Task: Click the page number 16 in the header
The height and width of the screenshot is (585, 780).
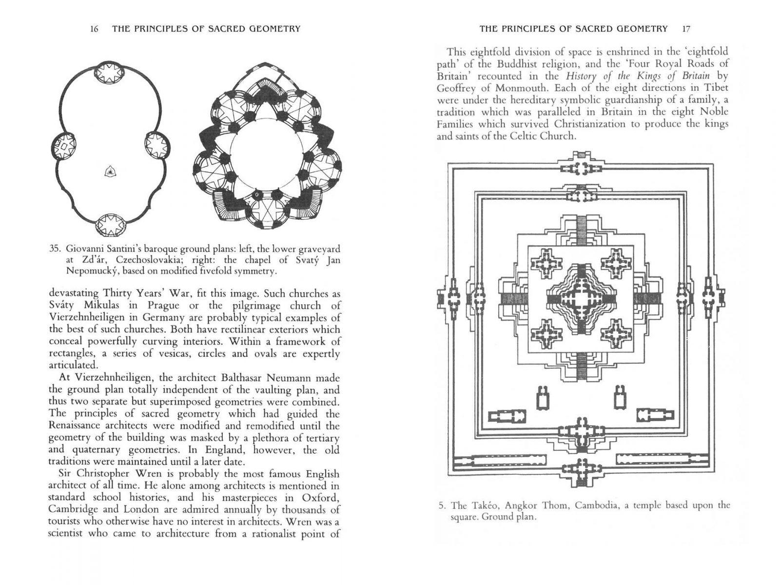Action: [x=95, y=29]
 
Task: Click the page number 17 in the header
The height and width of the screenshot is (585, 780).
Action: [x=686, y=29]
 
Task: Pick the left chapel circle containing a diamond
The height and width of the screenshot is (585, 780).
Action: [x=63, y=145]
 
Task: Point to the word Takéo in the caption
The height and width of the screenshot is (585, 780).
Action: [x=487, y=505]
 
